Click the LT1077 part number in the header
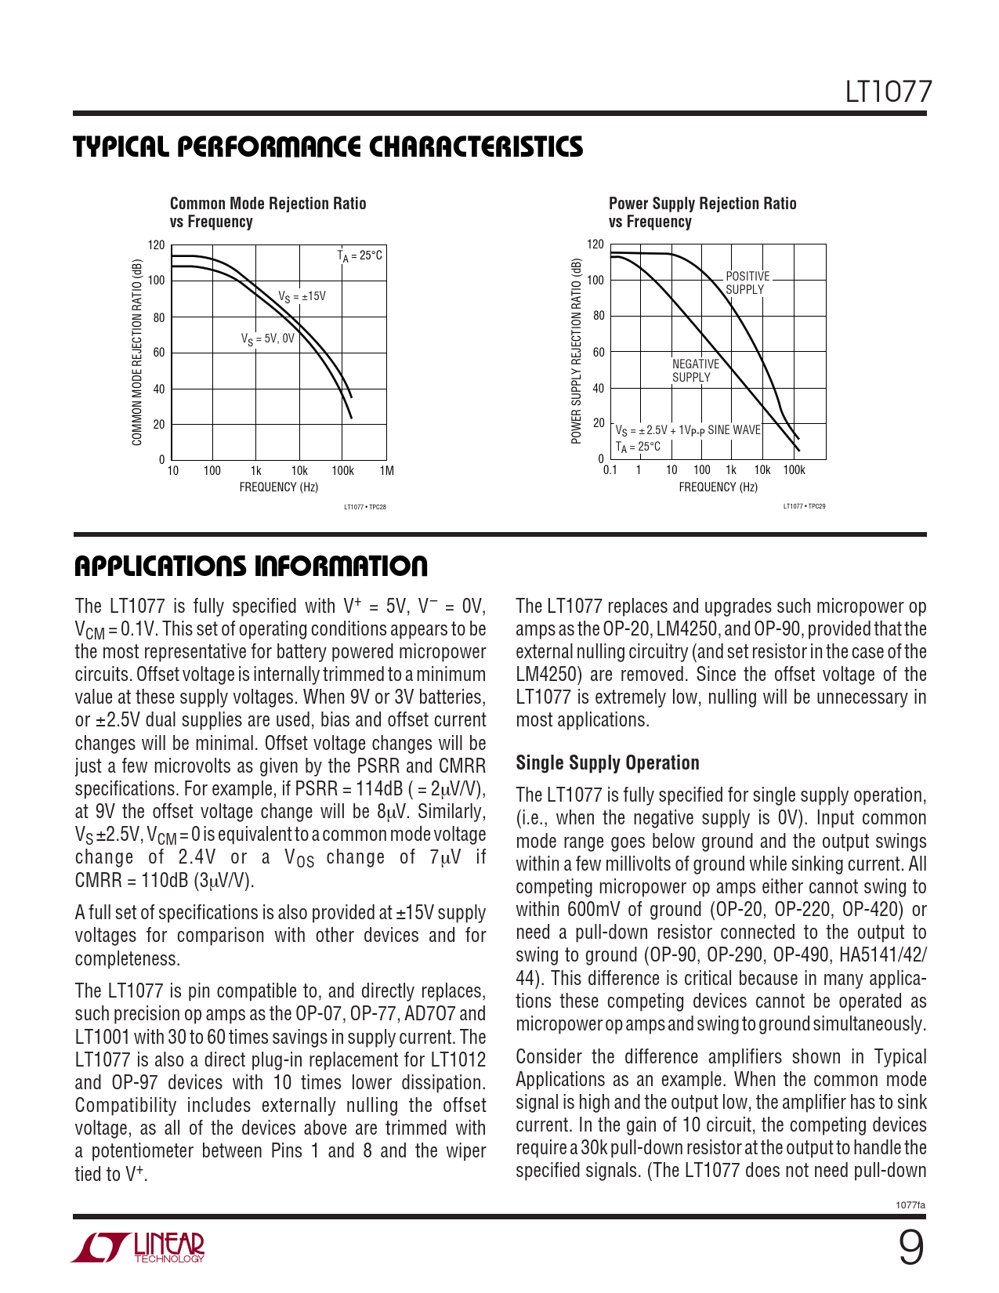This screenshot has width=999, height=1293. tap(889, 92)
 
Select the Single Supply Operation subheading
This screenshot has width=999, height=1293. tap(607, 763)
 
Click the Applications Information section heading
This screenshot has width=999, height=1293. tap(251, 567)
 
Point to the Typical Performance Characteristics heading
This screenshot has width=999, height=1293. tap(328, 147)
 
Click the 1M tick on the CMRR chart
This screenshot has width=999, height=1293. tap(386, 471)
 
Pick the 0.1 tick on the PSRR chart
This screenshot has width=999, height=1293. tap(610, 470)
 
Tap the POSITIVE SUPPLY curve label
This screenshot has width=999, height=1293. tap(747, 283)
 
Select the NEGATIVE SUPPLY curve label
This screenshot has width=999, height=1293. tap(695, 371)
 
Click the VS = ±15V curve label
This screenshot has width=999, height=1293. tap(302, 296)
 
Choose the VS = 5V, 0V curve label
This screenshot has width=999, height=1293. tap(267, 339)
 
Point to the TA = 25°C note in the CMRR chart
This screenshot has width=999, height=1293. tap(360, 255)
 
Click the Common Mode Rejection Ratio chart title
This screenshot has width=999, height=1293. tap(268, 212)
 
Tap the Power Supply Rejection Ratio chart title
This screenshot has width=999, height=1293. tap(702, 212)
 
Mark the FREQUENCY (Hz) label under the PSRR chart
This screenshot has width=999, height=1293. tap(718, 487)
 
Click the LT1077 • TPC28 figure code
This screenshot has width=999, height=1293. tap(365, 507)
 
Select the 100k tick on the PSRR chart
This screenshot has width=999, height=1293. tap(794, 470)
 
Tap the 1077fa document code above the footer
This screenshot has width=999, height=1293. tap(910, 1205)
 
